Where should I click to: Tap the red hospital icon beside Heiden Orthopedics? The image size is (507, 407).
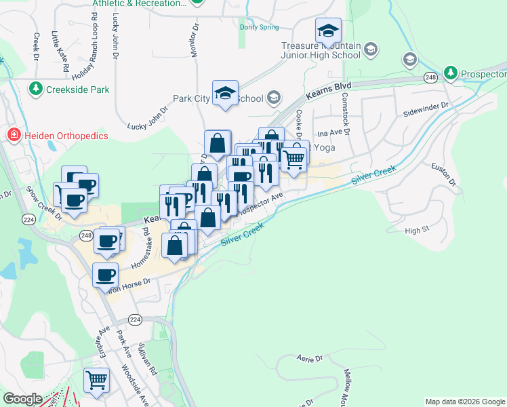pos(13,136)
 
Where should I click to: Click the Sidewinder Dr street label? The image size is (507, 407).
pos(426,108)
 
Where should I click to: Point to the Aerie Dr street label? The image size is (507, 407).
pos(309,357)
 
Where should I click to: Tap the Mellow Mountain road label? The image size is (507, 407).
pos(350,385)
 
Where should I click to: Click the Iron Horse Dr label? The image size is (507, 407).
pos(126,284)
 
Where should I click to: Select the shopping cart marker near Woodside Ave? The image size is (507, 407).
pos(97,380)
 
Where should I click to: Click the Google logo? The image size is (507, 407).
pos(22,400)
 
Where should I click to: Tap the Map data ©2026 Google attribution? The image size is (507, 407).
pos(465,402)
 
